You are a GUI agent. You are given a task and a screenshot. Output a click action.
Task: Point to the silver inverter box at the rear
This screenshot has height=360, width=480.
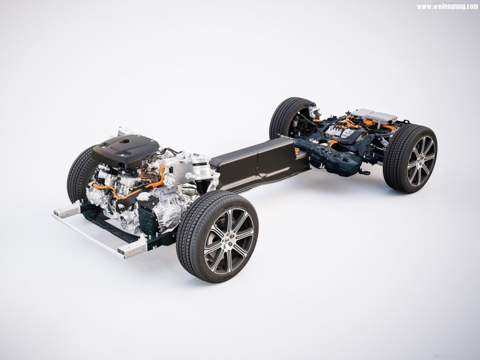coord(375,116)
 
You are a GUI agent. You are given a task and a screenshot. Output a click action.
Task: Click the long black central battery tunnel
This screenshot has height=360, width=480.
coord(256,160)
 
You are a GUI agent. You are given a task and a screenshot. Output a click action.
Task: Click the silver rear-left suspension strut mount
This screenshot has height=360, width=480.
coord(314,110)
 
